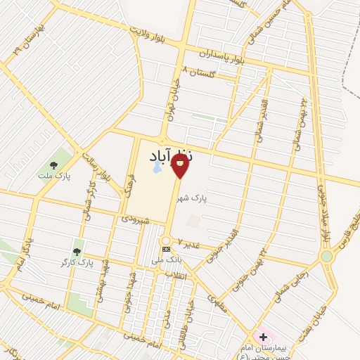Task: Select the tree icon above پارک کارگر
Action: pyautogui.click(x=77, y=251)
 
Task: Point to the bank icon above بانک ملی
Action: pyautogui.click(x=166, y=249)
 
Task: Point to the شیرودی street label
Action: pyautogui.click(x=136, y=219)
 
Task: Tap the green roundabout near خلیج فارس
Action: pyautogui.click(x=326, y=257)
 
